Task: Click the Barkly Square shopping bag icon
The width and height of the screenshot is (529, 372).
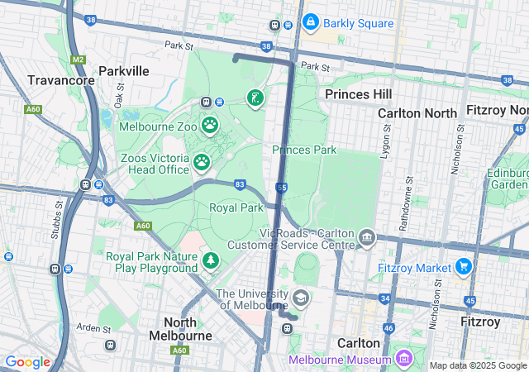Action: pyautogui.click(x=311, y=22)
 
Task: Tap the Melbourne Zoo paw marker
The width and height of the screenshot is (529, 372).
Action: pyautogui.click(x=211, y=126)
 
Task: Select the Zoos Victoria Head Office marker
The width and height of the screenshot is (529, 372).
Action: pyautogui.click(x=201, y=163)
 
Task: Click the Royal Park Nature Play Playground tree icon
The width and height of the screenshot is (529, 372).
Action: pyautogui.click(x=211, y=261)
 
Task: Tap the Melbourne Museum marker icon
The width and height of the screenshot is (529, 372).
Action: pyautogui.click(x=403, y=360)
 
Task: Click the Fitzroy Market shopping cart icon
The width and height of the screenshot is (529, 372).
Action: pyautogui.click(x=463, y=267)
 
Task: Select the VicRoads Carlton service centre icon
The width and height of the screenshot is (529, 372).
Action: pyautogui.click(x=368, y=240)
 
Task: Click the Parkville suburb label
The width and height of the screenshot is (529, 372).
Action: pyautogui.click(x=123, y=71)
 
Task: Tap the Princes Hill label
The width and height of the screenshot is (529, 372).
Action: pyautogui.click(x=358, y=94)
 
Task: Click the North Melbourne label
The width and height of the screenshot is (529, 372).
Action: pyautogui.click(x=179, y=329)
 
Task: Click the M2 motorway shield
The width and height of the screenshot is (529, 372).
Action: pyautogui.click(x=78, y=60)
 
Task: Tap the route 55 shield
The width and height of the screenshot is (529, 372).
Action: pyautogui.click(x=282, y=188)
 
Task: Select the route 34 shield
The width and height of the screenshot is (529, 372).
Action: pyautogui.click(x=385, y=298)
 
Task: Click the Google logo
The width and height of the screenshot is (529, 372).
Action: pyautogui.click(x=27, y=362)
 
